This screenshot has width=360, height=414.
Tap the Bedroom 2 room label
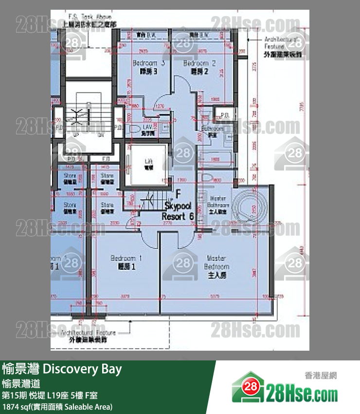pos(199,67)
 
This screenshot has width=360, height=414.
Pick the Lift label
pos(149,164)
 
